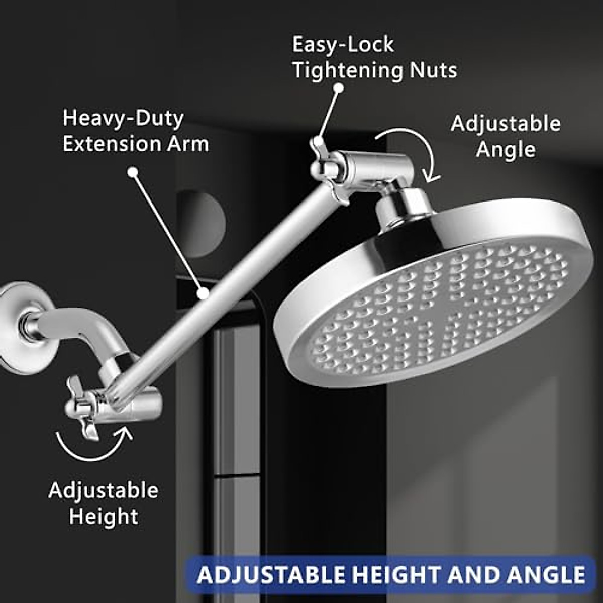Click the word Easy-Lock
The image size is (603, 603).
[x=343, y=45]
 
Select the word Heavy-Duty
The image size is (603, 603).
[x=123, y=119]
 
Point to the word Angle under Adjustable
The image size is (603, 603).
[x=506, y=149]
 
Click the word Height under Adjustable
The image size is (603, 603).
[x=104, y=516]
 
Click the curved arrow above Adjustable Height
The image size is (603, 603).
[x=93, y=445]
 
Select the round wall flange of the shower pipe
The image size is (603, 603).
[x=18, y=327]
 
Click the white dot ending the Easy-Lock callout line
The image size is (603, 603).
[x=339, y=88]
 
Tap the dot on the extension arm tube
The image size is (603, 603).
[x=203, y=293]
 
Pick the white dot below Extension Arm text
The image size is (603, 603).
[x=133, y=172]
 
